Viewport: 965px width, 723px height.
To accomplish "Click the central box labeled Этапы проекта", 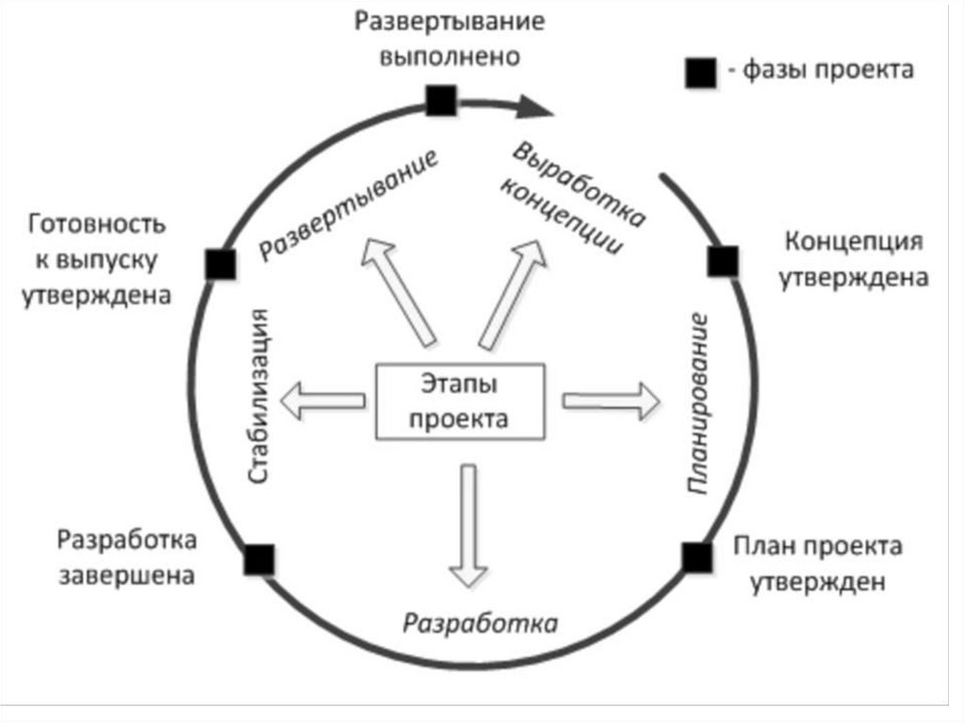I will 461,401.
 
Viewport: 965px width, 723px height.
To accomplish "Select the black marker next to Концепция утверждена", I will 723,261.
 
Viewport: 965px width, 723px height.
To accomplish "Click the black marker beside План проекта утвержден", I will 697,556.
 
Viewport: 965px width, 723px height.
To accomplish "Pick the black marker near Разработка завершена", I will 259,559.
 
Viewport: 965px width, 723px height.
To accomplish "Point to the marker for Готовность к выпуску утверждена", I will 220,264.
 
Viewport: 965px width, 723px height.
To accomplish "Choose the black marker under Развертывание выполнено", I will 441,100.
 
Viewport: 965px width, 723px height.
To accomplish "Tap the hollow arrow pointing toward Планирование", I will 612,401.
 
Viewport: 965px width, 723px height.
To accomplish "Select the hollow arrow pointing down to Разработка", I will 467,524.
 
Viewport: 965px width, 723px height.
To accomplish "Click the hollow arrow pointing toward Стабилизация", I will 326,401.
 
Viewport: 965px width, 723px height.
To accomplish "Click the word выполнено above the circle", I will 450,56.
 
